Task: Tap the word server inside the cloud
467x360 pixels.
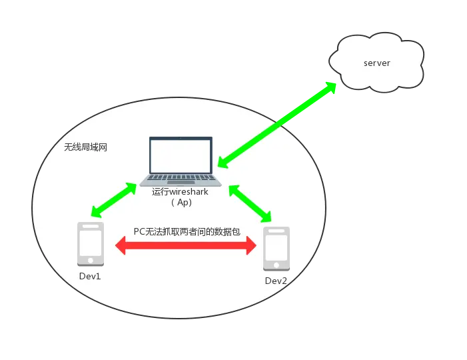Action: (376, 63)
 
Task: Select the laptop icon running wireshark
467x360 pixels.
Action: (181, 161)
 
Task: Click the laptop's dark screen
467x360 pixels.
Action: (181, 155)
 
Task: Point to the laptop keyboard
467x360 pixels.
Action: (181, 179)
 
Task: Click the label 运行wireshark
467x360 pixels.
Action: (180, 191)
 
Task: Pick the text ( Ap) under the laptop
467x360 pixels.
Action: (181, 203)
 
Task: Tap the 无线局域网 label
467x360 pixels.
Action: (85, 147)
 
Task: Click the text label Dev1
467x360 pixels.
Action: (89, 275)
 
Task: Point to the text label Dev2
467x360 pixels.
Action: (276, 281)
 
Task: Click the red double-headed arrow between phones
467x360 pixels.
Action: (186, 246)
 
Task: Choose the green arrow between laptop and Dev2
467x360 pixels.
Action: (250, 203)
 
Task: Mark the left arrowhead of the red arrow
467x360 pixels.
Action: (122, 246)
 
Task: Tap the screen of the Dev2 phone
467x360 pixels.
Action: (276, 247)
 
